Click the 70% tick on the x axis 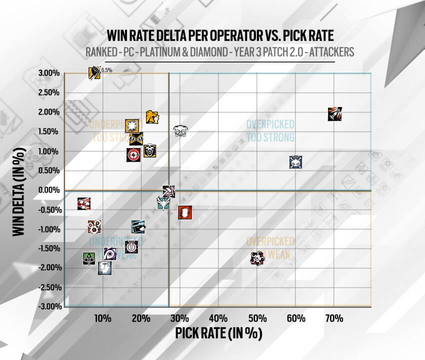334,318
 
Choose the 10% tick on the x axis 102,318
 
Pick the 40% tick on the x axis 218,318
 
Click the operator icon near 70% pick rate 334,114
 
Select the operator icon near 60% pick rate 295,161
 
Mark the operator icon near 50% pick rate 257,258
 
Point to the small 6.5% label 106,70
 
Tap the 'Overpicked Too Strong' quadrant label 270,130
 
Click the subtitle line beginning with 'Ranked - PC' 212,52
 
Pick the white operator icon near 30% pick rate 180,131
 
